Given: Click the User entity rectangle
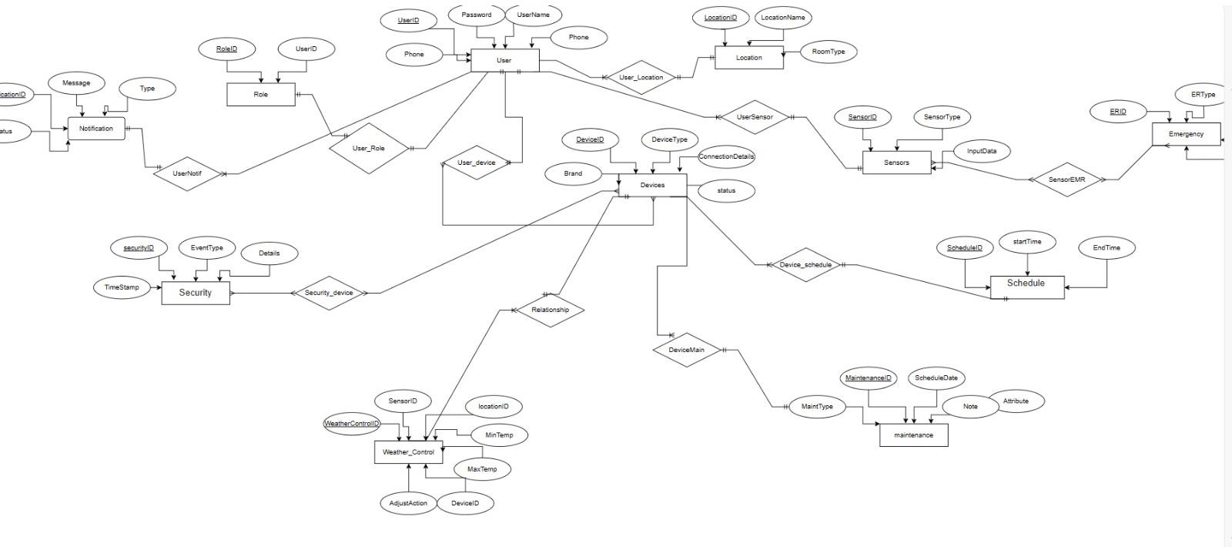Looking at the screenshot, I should (504, 60).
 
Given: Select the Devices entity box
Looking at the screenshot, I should (652, 185).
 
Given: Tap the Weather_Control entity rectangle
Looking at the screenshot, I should (408, 452).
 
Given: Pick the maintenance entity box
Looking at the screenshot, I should (913, 435).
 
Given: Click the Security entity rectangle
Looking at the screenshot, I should (195, 293).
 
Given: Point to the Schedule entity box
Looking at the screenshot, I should (1026, 287).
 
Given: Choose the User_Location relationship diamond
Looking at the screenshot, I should (641, 77).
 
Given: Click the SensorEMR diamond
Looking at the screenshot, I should (1066, 180).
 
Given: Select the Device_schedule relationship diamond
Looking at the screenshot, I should (805, 265).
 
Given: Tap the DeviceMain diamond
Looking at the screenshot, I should (686, 350).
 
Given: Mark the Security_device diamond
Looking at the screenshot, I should (329, 293).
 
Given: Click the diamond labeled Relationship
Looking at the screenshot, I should (550, 310).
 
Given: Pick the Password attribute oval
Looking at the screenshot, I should (477, 15).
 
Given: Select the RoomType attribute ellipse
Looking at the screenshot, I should (829, 52).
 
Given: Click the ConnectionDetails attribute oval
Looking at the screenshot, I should (726, 156).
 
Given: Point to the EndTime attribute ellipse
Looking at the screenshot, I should (1106, 247).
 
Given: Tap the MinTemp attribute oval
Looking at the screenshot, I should (499, 435).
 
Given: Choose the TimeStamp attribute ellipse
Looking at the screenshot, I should (122, 287).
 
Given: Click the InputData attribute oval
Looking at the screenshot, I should (982, 151).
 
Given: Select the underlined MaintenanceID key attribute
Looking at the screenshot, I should (868, 378).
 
